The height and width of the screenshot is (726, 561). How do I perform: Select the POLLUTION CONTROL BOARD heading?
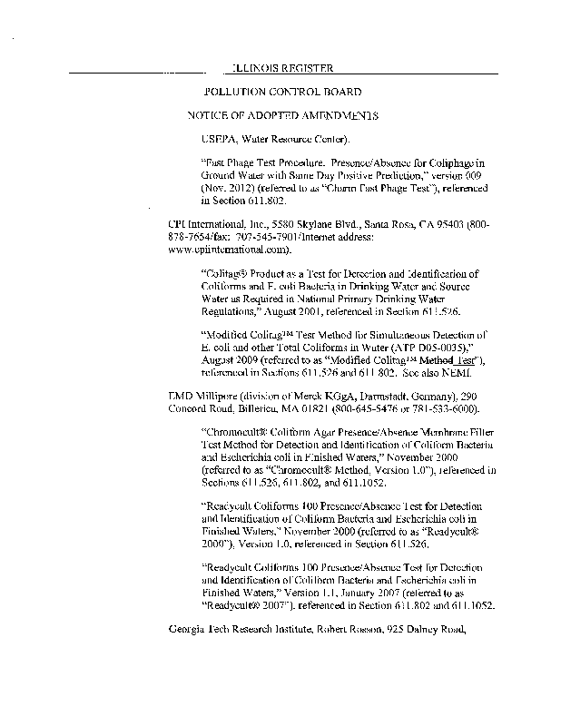[x=283, y=93]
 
